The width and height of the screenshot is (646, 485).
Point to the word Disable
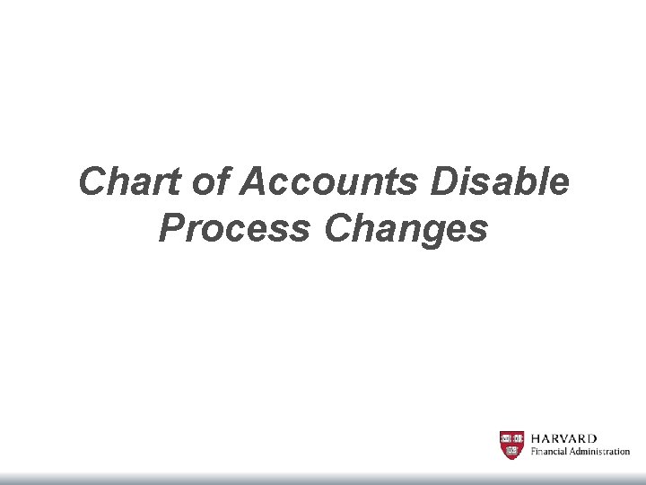point(500,183)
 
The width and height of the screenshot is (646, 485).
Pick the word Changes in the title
point(406,229)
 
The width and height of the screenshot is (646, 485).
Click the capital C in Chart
point(93,183)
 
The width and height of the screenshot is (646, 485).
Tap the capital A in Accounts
point(254,183)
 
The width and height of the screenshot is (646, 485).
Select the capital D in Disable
point(445,183)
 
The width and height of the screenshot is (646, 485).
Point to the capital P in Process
point(170,229)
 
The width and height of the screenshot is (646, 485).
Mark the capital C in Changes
point(340,229)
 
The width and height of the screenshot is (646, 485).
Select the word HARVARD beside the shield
point(564,438)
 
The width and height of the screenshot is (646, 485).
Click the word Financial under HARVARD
point(551,452)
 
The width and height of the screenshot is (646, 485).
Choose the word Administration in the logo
point(601,452)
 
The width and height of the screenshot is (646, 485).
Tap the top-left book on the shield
point(506,438)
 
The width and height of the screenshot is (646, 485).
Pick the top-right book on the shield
point(518,438)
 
